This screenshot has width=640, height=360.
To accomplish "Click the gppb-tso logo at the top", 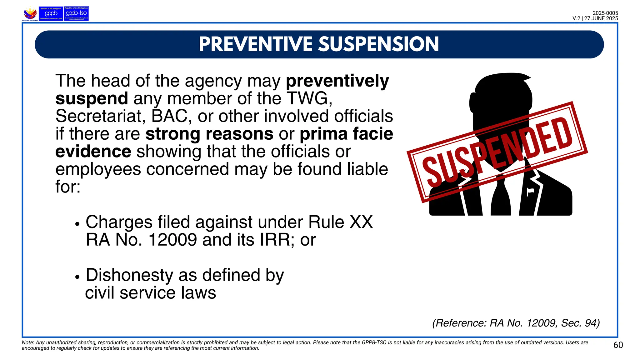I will point(76,13).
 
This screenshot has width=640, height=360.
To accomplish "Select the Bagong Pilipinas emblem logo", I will point(30,14).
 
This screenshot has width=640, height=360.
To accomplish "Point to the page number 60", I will point(618,345).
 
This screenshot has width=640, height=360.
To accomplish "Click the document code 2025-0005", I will point(605,13).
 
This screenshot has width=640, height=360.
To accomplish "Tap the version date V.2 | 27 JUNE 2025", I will point(595,18).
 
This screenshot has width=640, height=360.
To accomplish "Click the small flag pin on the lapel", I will point(530,191).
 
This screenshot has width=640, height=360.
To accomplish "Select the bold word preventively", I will point(337,81).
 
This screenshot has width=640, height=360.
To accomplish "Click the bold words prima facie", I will point(346,134).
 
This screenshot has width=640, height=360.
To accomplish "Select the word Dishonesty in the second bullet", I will point(129,275).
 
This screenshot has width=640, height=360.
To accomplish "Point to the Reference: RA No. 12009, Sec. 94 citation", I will point(516,323).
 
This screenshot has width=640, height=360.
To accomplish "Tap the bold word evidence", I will point(93,152).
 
